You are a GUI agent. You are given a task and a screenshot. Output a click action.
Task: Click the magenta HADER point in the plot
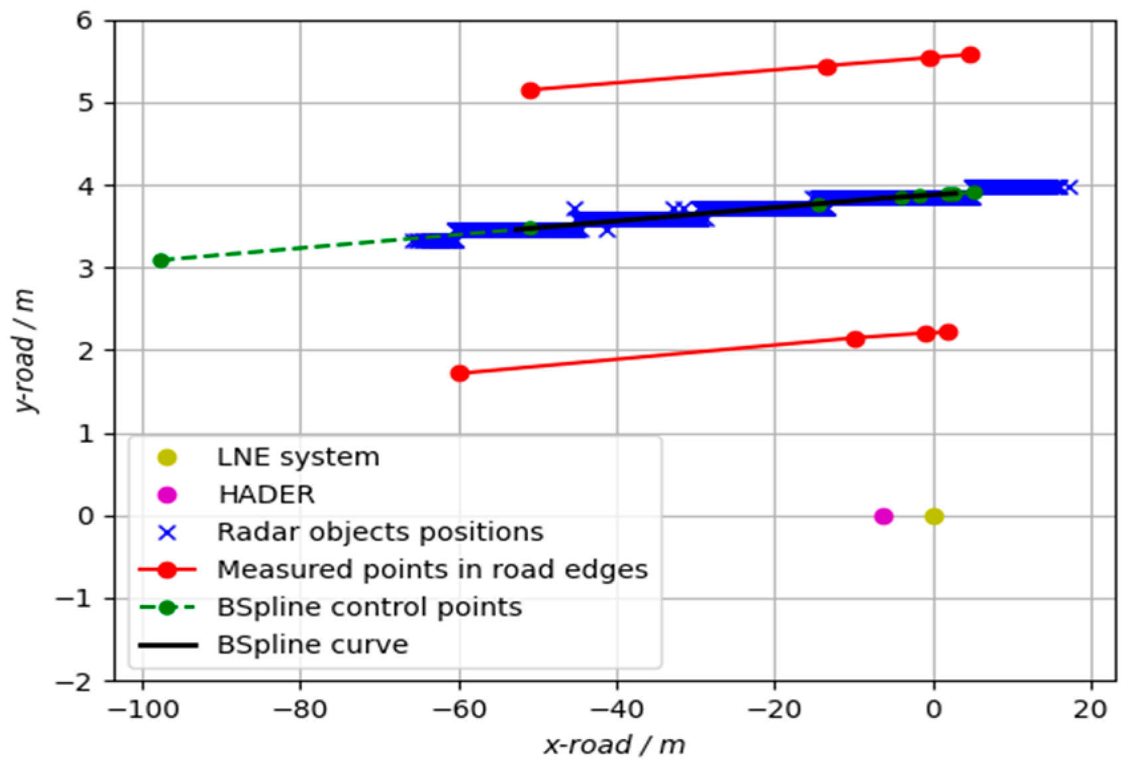(883, 516)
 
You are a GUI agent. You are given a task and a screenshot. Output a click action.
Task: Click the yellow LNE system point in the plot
(934, 516)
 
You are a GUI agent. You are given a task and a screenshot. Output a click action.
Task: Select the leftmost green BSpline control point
(161, 260)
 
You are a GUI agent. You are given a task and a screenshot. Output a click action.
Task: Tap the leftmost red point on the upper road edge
(530, 90)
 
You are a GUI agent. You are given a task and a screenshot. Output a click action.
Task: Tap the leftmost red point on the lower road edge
(459, 373)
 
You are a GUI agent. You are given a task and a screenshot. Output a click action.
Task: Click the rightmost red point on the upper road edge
(971, 54)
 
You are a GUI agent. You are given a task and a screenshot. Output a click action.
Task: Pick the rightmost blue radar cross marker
(1070, 187)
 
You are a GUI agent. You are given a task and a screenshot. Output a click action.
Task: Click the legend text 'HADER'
(267, 495)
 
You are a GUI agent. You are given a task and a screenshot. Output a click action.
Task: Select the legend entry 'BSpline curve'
(312, 645)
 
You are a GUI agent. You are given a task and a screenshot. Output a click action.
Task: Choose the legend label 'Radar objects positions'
(380, 532)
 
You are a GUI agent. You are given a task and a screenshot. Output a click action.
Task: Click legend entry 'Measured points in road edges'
(432, 570)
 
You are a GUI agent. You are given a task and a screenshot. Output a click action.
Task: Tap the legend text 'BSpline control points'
(369, 607)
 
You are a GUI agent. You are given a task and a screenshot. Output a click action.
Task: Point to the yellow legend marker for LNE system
(167, 458)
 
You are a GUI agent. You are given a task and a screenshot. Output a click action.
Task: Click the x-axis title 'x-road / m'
(614, 745)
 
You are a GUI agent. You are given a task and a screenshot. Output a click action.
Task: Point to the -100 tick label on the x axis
(143, 710)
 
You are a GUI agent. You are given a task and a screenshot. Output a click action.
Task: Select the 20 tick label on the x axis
(1090, 710)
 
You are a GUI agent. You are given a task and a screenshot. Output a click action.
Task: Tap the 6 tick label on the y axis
(85, 21)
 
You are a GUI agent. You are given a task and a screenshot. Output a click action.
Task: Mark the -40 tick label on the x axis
(617, 710)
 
